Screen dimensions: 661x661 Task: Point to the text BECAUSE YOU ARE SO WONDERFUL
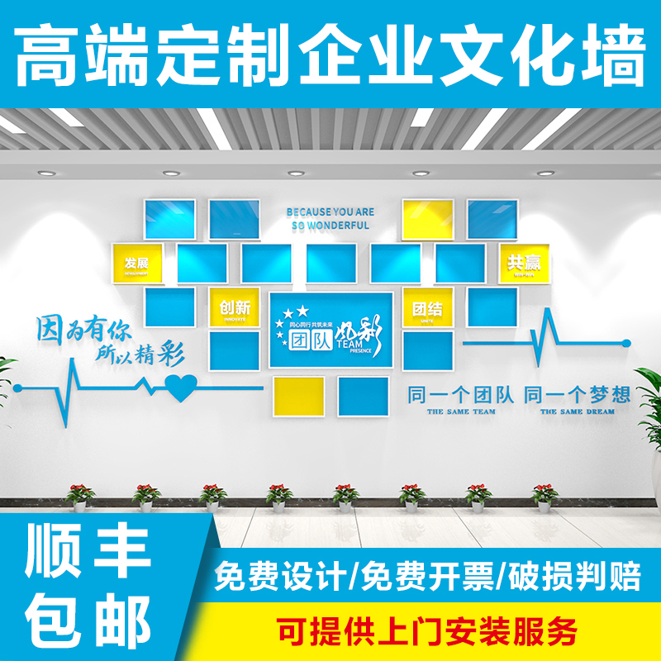coord(330,218)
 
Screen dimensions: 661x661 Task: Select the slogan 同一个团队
coord(461,393)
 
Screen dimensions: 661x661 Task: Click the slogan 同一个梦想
coord(578,393)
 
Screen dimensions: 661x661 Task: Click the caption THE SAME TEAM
coord(461,411)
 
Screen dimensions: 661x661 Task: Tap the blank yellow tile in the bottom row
coord(298,395)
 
